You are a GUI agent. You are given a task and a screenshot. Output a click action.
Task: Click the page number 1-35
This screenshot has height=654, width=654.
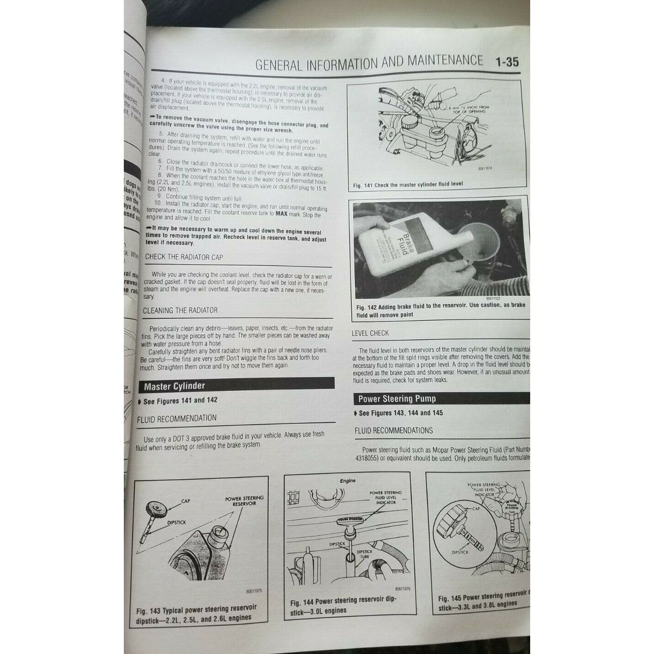pyautogui.click(x=506, y=62)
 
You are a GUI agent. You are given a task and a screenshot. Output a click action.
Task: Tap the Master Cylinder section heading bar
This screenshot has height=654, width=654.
pyautogui.click(x=236, y=386)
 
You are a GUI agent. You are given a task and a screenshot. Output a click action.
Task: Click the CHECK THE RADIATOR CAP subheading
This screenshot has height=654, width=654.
pyautogui.click(x=184, y=257)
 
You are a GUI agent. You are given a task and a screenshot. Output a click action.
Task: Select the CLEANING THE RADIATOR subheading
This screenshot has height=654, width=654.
pyautogui.click(x=180, y=310)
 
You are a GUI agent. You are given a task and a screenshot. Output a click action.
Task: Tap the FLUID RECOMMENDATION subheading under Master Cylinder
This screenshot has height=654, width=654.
pyautogui.click(x=177, y=418)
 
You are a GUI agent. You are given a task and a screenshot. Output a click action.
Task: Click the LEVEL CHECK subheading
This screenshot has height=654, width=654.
pyautogui.click(x=370, y=333)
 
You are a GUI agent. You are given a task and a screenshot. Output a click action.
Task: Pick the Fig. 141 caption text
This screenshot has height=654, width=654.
pyautogui.click(x=408, y=185)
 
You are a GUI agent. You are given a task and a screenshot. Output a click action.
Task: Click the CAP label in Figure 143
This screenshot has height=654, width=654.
pyautogui.click(x=185, y=501)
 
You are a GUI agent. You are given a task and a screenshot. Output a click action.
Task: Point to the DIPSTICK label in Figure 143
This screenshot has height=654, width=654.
pyautogui.click(x=177, y=522)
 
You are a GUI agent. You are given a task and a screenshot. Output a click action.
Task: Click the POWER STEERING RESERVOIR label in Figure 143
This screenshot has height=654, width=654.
pyautogui.click(x=244, y=501)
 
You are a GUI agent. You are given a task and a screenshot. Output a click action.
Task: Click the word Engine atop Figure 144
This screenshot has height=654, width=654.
pyautogui.click(x=348, y=481)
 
